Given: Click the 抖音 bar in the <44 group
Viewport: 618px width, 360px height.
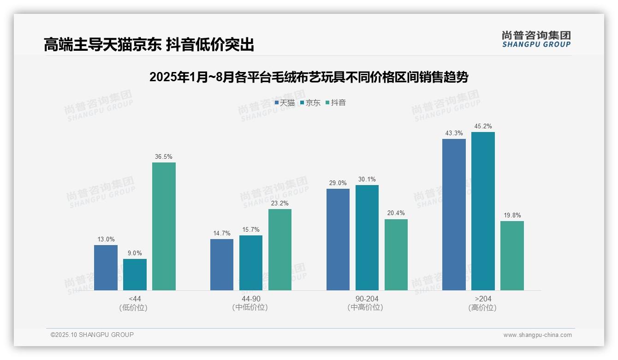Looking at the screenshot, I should tap(164, 226).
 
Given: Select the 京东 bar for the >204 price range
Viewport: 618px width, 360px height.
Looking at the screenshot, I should tap(483, 211).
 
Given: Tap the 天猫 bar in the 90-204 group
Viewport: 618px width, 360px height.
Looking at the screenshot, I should tap(338, 240).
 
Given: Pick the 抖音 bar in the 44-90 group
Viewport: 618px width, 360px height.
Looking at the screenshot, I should tap(280, 250).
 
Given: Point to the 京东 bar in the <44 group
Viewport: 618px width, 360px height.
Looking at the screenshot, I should tap(135, 275).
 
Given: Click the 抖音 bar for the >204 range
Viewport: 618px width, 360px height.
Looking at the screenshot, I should tap(512, 256).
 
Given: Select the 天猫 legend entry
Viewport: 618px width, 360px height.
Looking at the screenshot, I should tap(285, 103).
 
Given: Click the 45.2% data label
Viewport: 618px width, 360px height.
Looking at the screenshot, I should tap(483, 126).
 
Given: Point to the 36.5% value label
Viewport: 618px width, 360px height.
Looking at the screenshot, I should tap(164, 157).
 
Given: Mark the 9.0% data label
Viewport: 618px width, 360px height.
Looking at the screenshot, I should tap(135, 253).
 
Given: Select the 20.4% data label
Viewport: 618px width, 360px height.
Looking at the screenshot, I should tap(396, 213).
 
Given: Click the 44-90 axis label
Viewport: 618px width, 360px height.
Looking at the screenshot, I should tap(251, 299).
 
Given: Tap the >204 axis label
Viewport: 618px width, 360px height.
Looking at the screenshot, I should tap(483, 299).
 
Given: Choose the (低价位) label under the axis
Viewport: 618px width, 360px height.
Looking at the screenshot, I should tap(133, 308).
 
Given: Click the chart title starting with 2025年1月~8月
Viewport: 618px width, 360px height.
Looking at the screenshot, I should tap(309, 77).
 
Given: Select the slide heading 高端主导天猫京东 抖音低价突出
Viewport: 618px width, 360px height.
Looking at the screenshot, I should tap(149, 44).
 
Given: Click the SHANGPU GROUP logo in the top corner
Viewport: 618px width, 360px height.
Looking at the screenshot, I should tap(536, 39).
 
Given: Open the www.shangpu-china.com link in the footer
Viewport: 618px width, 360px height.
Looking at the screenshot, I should tap(537, 335).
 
